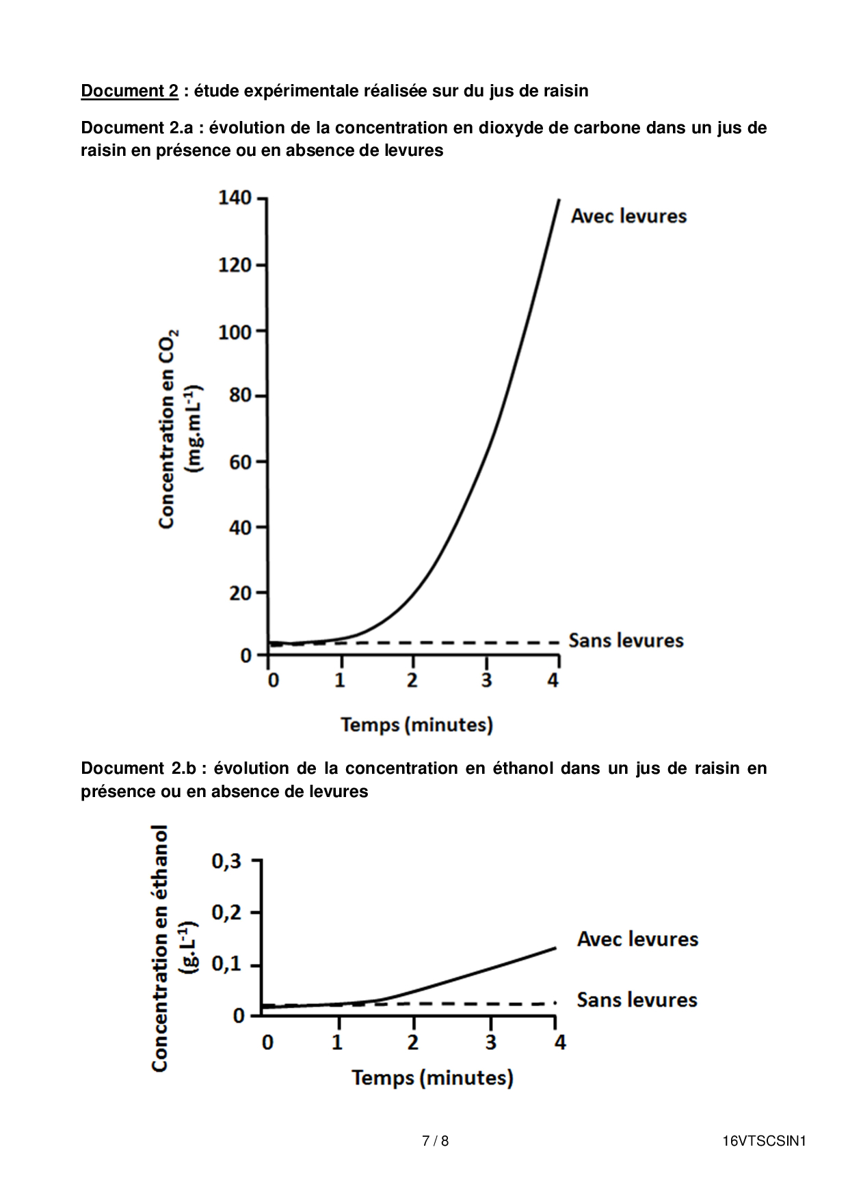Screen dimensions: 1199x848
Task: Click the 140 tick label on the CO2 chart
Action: click(x=235, y=198)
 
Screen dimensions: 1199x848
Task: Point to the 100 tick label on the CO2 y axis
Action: click(x=235, y=332)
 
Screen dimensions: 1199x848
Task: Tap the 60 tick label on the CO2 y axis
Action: click(x=240, y=463)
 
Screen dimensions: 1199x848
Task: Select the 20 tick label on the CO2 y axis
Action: click(x=240, y=593)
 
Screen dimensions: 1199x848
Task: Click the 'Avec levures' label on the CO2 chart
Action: click(x=628, y=217)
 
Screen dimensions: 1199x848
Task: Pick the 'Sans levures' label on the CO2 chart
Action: click(x=626, y=641)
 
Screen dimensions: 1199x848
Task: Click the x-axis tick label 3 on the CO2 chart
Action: click(x=486, y=681)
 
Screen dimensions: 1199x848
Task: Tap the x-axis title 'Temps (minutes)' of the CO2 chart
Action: click(x=416, y=725)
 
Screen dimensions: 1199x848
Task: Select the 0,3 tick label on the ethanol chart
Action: click(x=226, y=861)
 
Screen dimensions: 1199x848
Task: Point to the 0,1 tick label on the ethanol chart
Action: click(x=226, y=965)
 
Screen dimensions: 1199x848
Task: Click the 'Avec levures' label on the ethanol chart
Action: click(x=637, y=939)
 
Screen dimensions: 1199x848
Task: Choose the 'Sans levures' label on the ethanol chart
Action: click(x=637, y=1000)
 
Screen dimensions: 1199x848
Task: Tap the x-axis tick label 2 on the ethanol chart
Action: click(x=412, y=1042)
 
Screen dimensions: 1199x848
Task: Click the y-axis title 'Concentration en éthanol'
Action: click(x=159, y=948)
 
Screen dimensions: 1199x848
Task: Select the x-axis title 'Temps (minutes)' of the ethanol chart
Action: click(x=432, y=1078)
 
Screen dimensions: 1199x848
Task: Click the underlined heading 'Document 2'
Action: click(x=129, y=91)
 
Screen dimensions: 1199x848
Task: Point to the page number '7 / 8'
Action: click(x=435, y=1141)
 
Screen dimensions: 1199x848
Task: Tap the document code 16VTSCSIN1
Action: click(x=765, y=1141)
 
